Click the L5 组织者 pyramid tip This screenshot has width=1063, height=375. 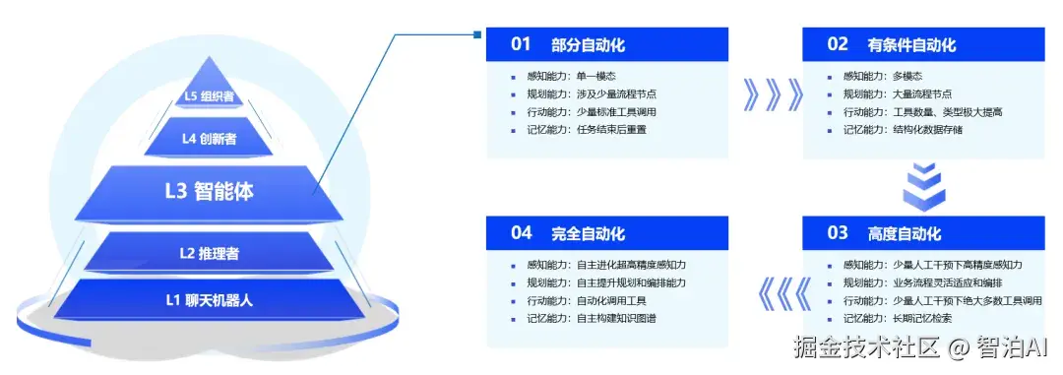pos(210,95)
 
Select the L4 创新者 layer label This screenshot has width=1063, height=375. pos(209,139)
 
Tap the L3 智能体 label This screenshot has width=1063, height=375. pos(209,191)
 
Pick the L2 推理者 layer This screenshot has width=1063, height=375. pos(209,254)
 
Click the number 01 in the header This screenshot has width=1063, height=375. pos(521,44)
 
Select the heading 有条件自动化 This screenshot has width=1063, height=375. pos(911,45)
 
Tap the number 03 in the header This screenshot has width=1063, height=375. pos(837,233)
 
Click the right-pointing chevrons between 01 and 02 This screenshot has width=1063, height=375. pos(766,95)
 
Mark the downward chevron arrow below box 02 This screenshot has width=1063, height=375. pos(924,184)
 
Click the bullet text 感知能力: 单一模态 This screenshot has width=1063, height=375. pos(571,77)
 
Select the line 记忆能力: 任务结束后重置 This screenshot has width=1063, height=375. pos(587,129)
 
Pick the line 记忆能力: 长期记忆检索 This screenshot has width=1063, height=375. pos(897,319)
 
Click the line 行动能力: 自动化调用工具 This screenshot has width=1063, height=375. pos(587,301)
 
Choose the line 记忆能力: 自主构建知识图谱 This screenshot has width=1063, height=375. pos(593,319)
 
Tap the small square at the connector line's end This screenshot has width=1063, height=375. pos(477,35)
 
